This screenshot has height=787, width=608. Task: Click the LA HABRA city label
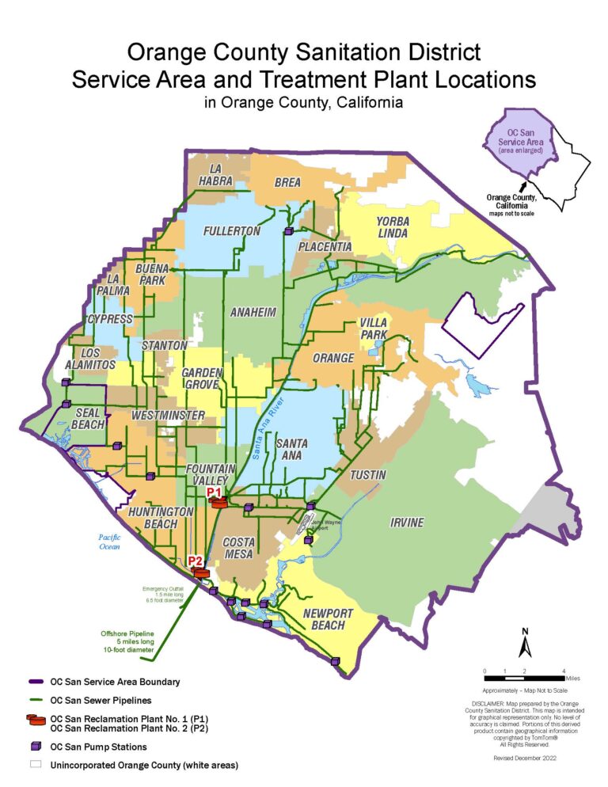point(221,174)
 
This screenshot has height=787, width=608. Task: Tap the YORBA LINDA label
point(393,227)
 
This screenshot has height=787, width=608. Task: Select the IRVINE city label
point(406,523)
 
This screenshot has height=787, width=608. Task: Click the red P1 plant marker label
point(214,492)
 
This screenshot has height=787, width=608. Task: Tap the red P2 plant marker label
point(196,561)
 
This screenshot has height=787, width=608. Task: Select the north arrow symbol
point(523,642)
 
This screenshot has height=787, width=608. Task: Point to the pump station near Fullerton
point(289,231)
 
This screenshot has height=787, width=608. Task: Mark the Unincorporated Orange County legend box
point(35,765)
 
